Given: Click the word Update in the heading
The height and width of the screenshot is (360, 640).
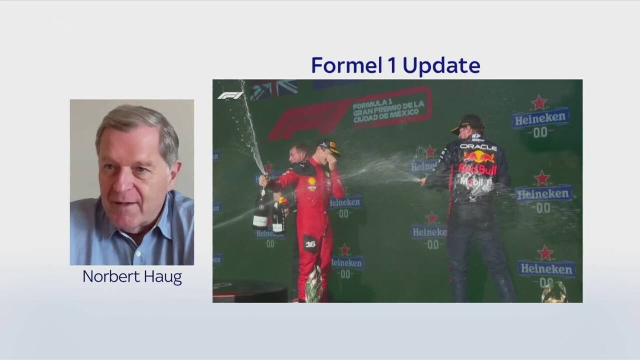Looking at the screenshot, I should point(442,66).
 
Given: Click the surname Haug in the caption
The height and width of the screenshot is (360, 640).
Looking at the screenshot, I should point(164,277).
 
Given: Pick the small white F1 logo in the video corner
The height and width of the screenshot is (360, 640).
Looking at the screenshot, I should point(230,96).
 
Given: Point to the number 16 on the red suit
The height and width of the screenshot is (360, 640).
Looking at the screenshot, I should point(310,244).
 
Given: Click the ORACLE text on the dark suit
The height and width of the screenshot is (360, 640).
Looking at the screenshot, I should point(478,147).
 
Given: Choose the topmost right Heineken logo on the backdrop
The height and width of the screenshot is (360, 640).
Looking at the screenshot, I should point(540,118).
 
